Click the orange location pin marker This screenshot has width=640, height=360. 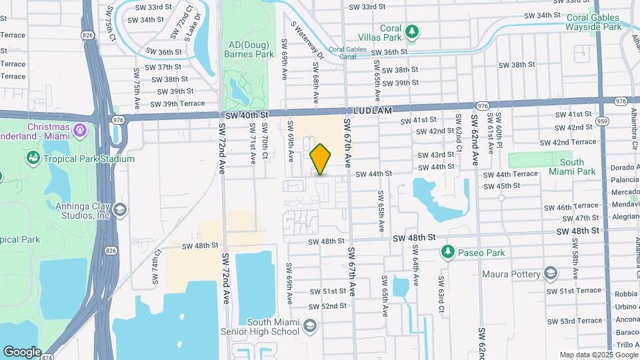[321, 159]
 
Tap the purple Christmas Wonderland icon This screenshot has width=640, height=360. [80, 128]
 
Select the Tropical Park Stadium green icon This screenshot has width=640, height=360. [32, 159]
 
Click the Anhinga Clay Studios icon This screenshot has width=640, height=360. [120, 209]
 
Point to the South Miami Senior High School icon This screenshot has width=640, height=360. [309, 326]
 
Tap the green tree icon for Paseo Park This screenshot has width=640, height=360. [447, 253]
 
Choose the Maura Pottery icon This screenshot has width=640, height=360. [551, 273]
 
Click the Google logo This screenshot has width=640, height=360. [22, 352]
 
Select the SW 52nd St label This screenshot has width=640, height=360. [328, 306]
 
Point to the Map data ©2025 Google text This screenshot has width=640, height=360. [598, 355]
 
